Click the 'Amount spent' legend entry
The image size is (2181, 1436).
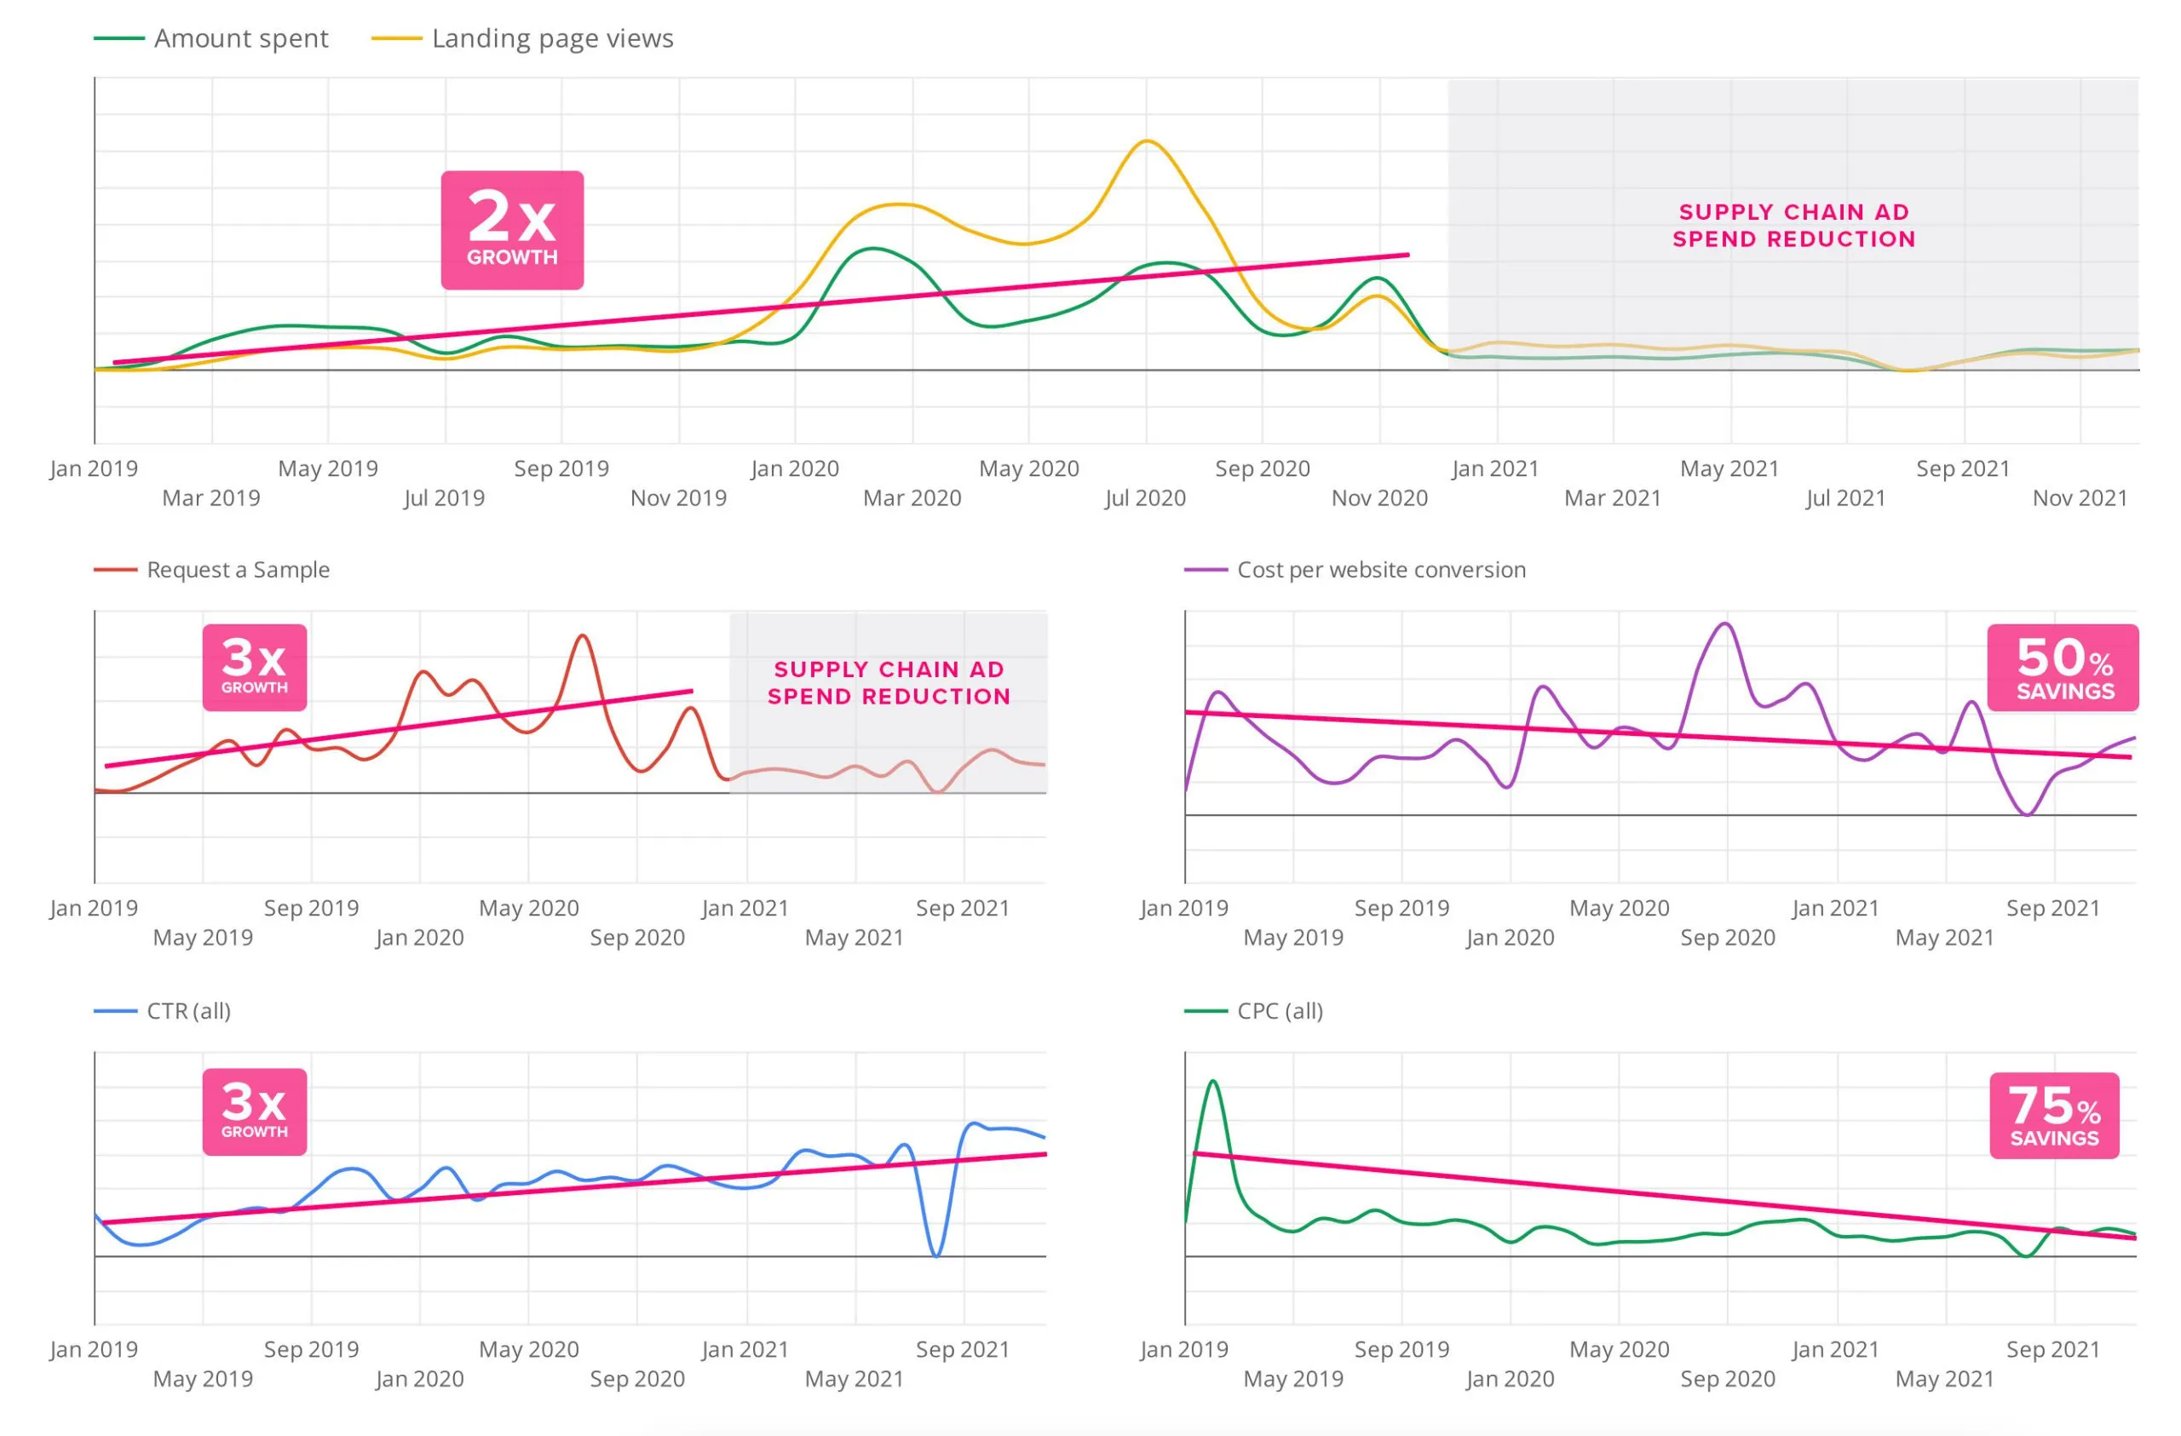(x=210, y=38)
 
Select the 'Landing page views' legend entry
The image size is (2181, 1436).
(x=522, y=38)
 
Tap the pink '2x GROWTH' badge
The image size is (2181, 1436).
(x=512, y=230)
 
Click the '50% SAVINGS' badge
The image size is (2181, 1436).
(x=2063, y=667)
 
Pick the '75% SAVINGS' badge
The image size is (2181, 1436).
(x=2055, y=1115)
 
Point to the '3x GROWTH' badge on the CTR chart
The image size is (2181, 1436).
(x=255, y=1111)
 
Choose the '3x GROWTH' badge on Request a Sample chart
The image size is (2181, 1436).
(x=255, y=667)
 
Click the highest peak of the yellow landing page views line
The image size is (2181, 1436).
(x=1147, y=141)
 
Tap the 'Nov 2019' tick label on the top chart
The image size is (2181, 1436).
(x=678, y=497)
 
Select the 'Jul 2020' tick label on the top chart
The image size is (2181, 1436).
(x=1146, y=497)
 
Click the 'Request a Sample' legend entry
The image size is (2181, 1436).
(x=211, y=569)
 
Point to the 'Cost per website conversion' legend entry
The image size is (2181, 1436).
(x=1355, y=569)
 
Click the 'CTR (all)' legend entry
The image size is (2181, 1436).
(x=162, y=1011)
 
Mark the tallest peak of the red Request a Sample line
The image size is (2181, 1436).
(x=583, y=635)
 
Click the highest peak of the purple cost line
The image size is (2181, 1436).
(x=1725, y=624)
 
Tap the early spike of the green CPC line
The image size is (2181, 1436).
(x=1213, y=1082)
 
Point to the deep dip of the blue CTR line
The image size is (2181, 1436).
(x=935, y=1255)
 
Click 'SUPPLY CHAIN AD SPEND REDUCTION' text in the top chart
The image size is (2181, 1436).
(x=1794, y=226)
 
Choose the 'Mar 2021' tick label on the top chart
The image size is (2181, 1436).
(x=1613, y=497)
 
